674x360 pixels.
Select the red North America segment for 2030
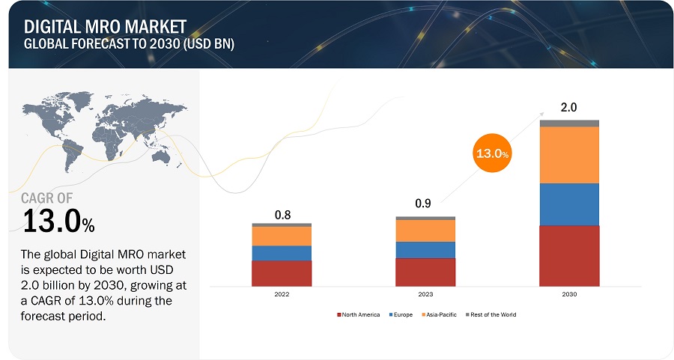pyautogui.click(x=569, y=255)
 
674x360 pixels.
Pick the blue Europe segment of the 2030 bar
pyautogui.click(x=569, y=204)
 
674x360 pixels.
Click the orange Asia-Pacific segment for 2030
pyautogui.click(x=569, y=155)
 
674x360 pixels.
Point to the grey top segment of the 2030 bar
pyautogui.click(x=569, y=123)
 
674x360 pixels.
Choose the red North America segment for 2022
pyautogui.click(x=282, y=273)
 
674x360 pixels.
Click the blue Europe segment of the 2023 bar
pyautogui.click(x=425, y=249)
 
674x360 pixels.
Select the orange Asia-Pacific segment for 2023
pyautogui.click(x=425, y=231)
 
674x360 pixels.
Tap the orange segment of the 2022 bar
pyautogui.click(x=282, y=236)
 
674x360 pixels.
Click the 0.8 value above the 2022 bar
pyautogui.click(x=282, y=215)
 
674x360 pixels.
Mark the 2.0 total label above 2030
pyautogui.click(x=569, y=107)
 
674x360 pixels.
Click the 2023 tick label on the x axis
pyautogui.click(x=425, y=295)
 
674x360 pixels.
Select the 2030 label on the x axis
pyautogui.click(x=569, y=295)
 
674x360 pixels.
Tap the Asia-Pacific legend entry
pyautogui.click(x=442, y=314)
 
